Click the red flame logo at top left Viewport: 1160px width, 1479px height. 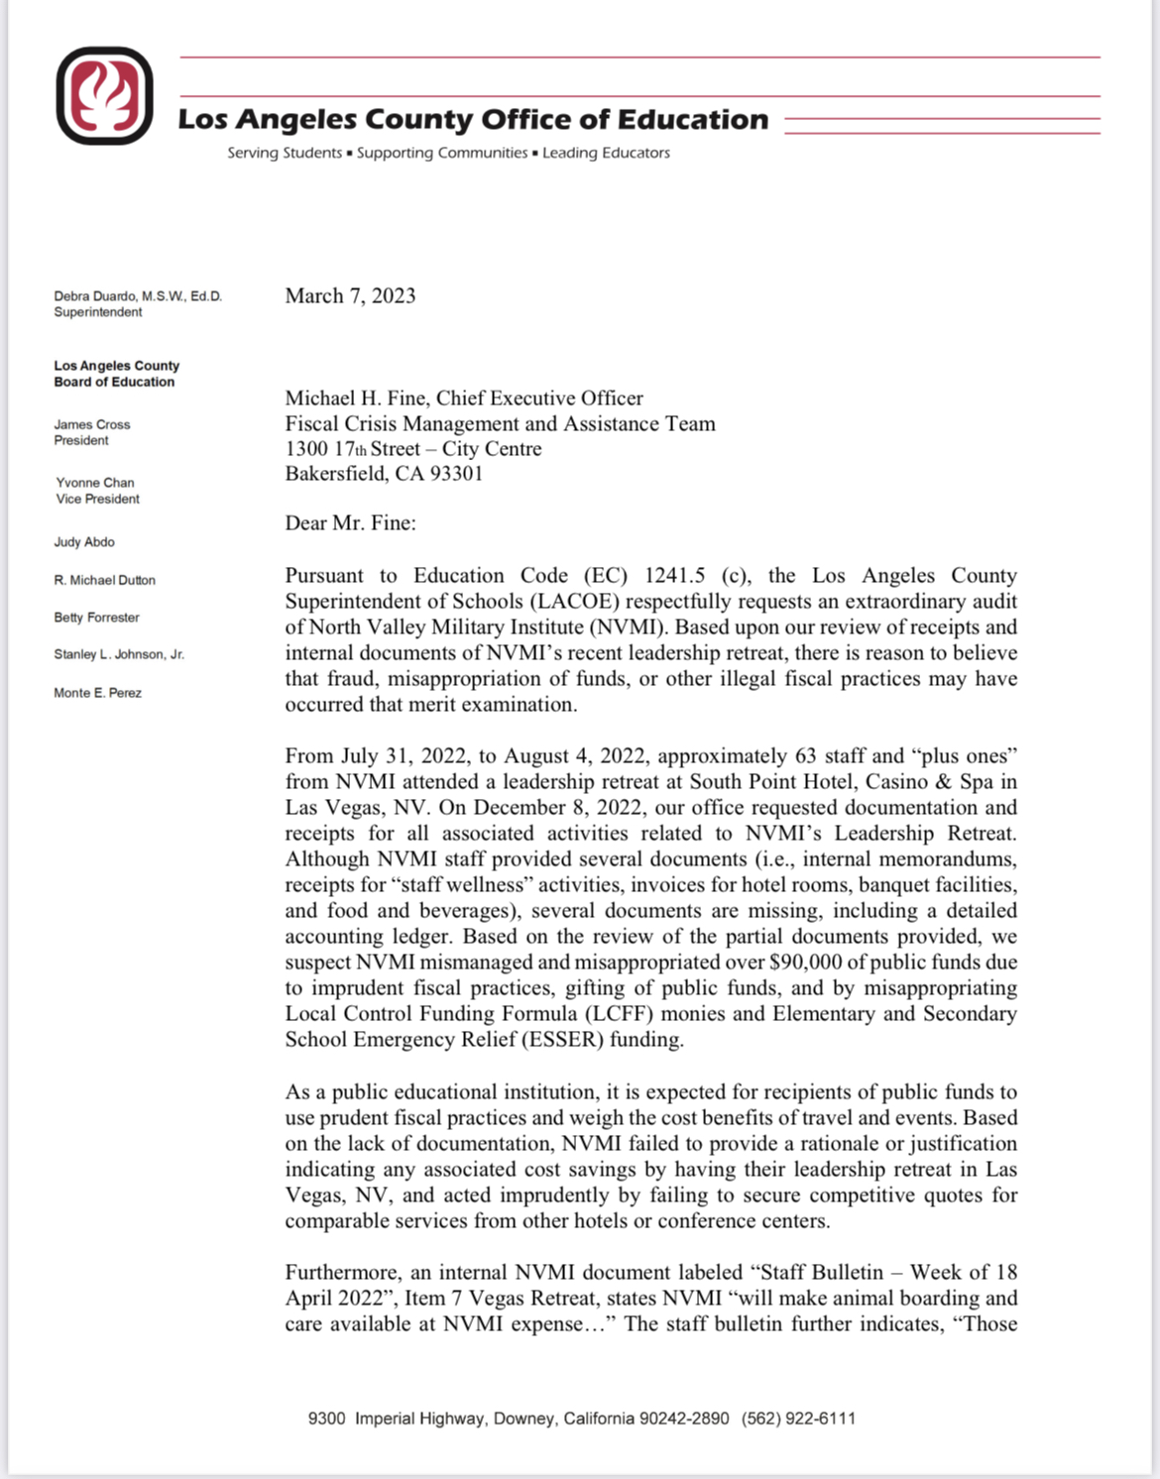104,95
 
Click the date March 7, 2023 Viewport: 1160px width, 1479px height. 350,295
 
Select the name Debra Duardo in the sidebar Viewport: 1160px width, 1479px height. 97,296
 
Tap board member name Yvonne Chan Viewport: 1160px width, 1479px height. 95,483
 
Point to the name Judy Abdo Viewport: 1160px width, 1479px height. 84,542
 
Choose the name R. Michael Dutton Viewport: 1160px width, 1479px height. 104,580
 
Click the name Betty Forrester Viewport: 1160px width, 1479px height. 96,618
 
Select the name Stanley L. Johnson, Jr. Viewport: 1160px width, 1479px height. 119,654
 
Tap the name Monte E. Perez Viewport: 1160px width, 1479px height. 97,693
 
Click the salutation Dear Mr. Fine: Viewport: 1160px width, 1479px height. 350,523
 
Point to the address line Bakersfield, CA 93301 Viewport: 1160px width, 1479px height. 384,474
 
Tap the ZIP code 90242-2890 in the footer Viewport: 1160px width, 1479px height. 684,1419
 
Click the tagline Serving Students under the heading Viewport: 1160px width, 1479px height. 285,153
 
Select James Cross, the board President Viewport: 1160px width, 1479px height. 92,425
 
